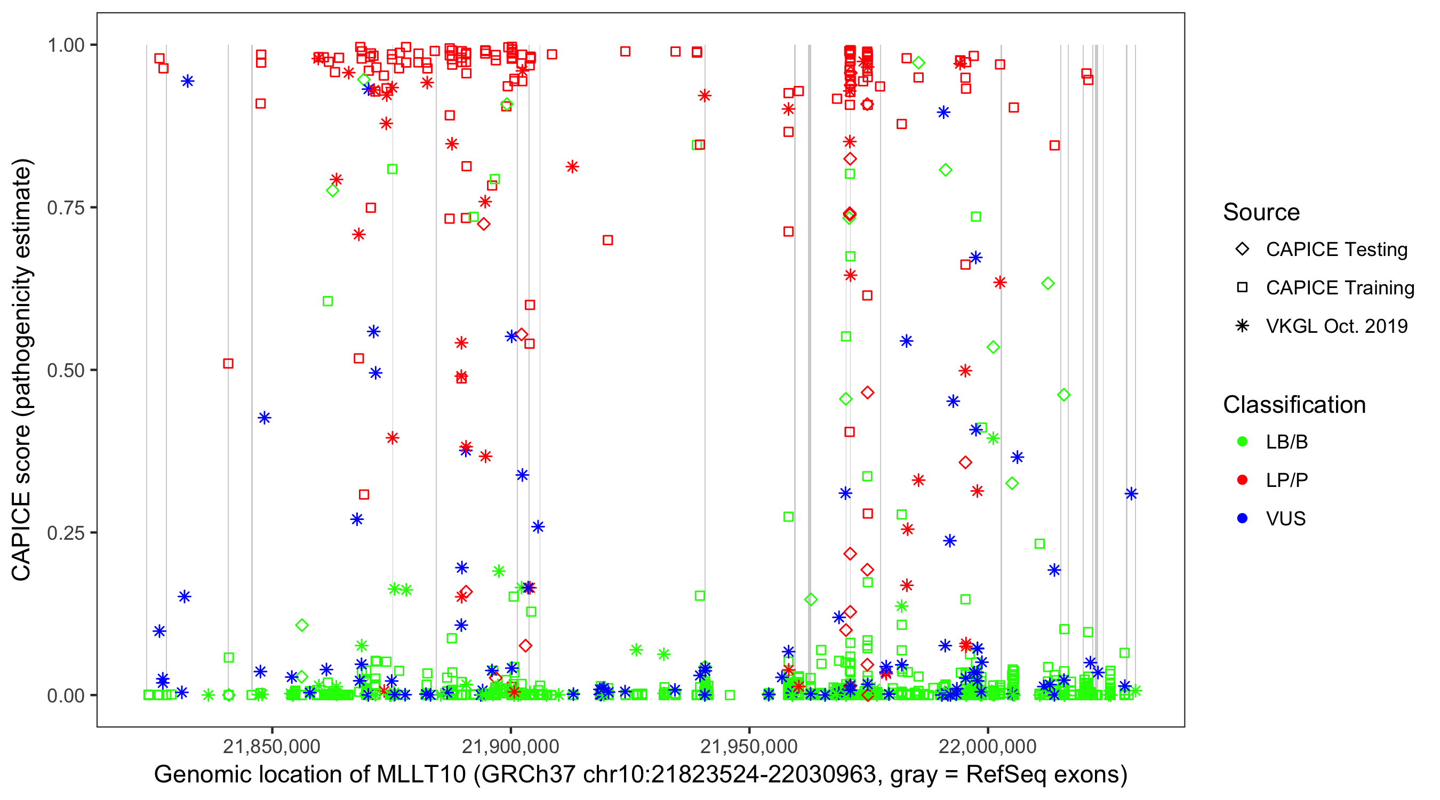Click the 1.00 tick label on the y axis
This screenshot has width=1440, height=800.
(65, 45)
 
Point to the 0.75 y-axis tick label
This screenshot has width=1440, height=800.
(65, 208)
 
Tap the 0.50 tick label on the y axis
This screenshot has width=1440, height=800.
(65, 370)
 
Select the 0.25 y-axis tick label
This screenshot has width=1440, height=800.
(65, 533)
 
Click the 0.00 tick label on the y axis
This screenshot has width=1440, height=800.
(65, 695)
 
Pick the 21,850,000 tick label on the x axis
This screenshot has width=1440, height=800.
(271, 746)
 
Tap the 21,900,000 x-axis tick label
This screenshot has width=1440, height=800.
(510, 746)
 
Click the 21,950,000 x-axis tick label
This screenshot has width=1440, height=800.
(749, 746)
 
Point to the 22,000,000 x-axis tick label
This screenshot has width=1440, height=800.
(988, 746)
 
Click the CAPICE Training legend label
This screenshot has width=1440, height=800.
(1340, 288)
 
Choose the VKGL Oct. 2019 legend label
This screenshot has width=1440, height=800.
(1337, 326)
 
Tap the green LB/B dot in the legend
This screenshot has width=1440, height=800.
(1242, 442)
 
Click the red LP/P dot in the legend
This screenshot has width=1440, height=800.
(1242, 480)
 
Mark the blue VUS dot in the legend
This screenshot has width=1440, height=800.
(1242, 519)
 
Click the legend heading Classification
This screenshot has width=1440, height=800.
(1294, 405)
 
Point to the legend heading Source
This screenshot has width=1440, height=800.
(1261, 212)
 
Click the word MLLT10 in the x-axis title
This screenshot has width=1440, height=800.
(421, 775)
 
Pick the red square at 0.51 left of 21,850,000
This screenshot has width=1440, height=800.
(228, 364)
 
